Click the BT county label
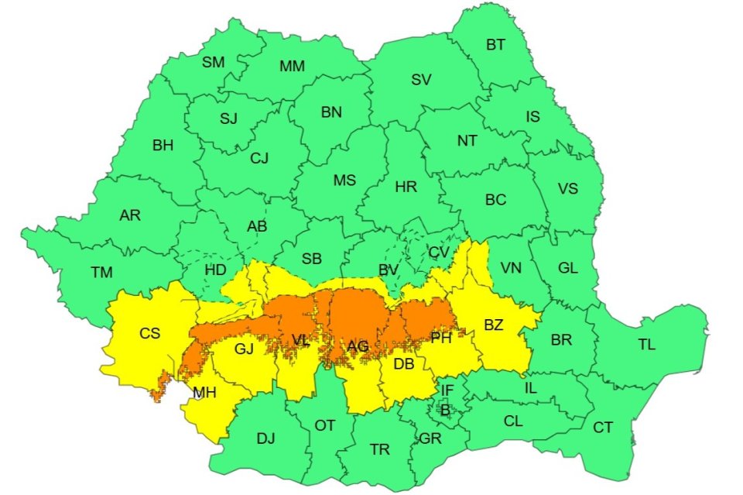495,45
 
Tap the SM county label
213,63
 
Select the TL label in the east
646,345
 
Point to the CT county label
602,428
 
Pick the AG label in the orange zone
358,347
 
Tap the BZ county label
494,325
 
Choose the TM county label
101,272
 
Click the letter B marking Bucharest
444,411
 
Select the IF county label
447,390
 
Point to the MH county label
204,393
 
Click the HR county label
406,187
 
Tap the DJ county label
265,439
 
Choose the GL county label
568,268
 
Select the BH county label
163,144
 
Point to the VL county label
301,339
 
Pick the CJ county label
259,159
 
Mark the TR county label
380,449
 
